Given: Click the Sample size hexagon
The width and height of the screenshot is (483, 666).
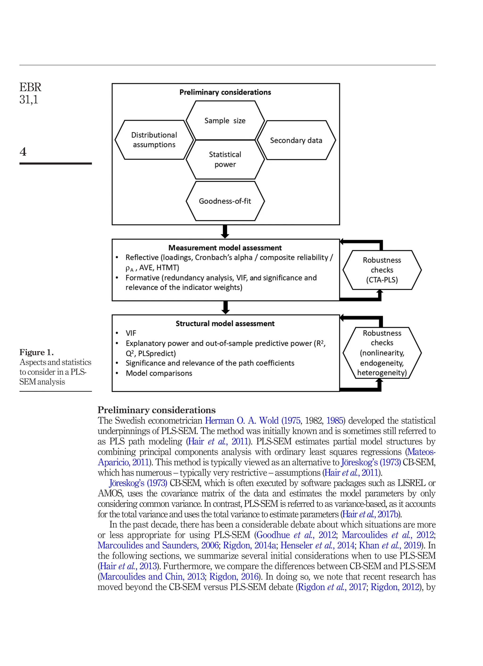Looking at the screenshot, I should tap(225, 120).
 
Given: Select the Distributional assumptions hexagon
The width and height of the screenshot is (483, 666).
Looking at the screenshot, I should tap(154, 140).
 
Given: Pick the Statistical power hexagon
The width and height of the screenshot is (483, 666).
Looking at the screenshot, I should tap(225, 159).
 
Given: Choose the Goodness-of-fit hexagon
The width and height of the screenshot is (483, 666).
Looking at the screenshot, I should tap(225, 201).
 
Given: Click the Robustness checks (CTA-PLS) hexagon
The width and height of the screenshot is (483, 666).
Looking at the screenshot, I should tap(382, 270).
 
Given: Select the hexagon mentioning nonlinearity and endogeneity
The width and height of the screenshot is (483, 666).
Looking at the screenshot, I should tap(382, 353).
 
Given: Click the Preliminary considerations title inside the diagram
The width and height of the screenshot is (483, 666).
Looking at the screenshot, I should tap(225, 92).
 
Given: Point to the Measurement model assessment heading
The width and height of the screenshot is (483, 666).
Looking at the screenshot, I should tap(225, 248).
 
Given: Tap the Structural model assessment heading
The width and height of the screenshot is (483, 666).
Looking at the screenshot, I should tap(225, 324).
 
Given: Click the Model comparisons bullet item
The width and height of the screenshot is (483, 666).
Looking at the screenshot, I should tap(159, 373).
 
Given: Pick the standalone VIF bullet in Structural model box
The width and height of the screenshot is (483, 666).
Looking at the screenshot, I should tap(131, 333).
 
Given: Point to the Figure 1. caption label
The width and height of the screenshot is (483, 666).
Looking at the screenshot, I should tap(36, 352).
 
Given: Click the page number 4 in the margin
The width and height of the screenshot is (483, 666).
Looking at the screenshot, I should tap(23, 152).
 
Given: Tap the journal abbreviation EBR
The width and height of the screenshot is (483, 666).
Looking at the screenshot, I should tap(30, 87).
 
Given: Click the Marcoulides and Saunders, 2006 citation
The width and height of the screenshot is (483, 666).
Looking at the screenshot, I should tap(158, 545).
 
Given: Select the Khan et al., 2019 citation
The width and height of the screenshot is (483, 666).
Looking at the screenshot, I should tap(390, 545).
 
